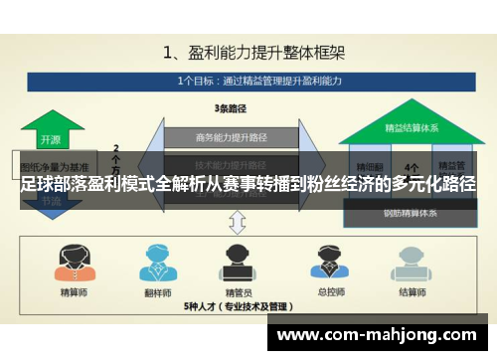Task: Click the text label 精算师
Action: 74,292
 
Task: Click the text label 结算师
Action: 411,292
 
